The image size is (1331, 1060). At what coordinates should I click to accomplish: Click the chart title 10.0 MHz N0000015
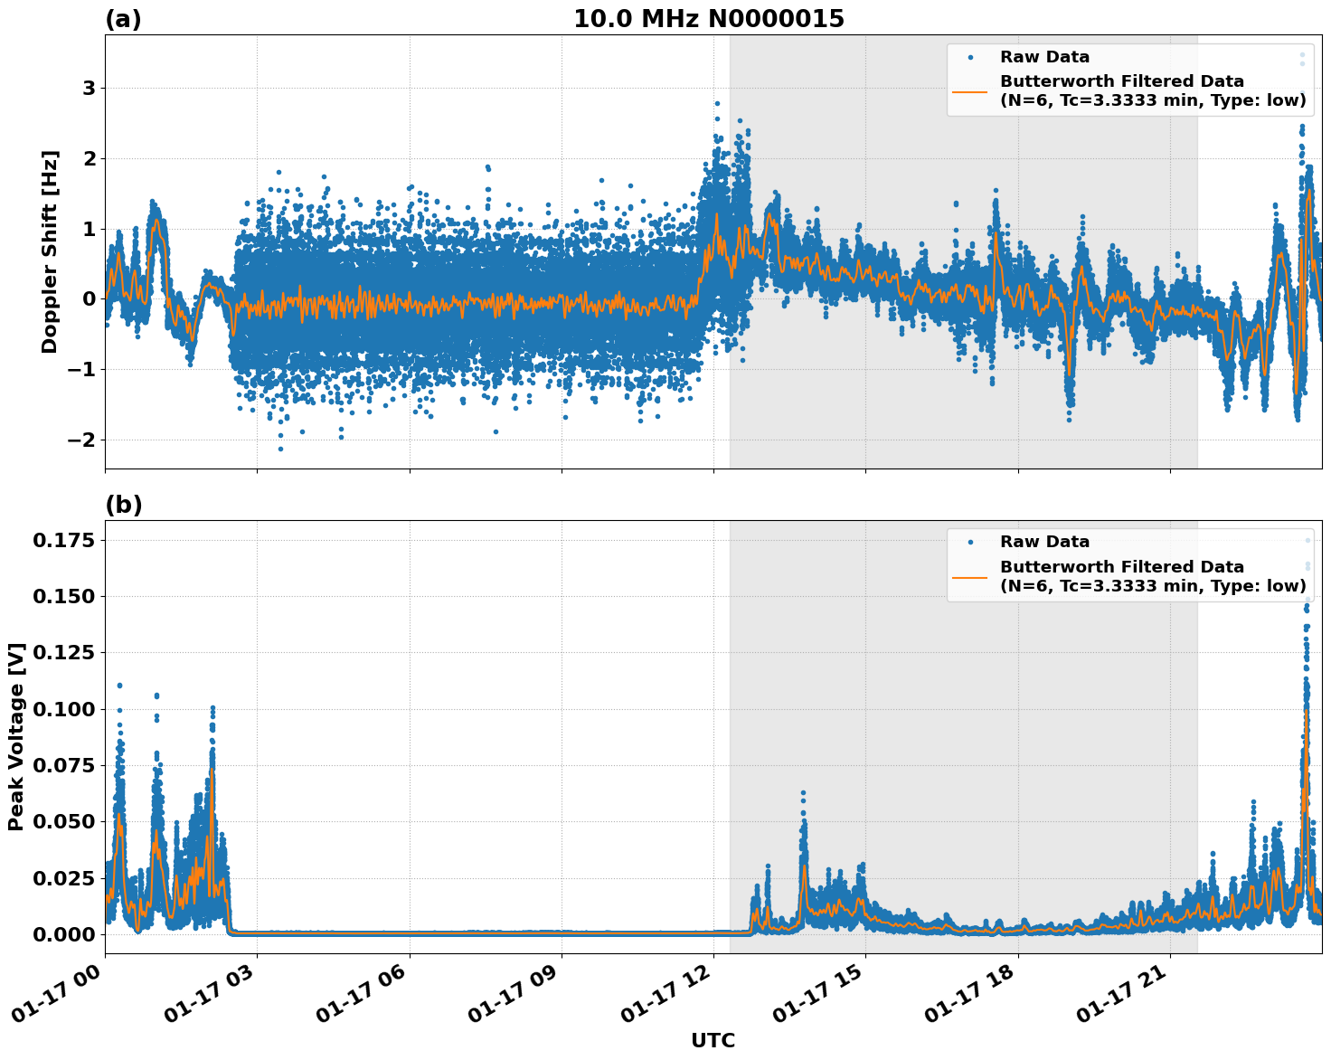click(x=708, y=19)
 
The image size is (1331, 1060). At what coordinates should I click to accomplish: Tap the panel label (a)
click(x=123, y=19)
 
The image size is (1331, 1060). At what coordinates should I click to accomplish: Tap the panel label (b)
click(x=123, y=505)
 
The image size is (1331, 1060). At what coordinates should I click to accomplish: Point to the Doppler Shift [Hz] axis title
click(x=50, y=251)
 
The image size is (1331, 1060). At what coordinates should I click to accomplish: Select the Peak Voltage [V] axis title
click(x=15, y=736)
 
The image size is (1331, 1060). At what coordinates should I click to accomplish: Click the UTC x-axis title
click(x=713, y=1041)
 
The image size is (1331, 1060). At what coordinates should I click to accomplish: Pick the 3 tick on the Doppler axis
click(x=89, y=89)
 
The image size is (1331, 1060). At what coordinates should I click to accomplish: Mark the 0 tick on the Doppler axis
click(x=89, y=299)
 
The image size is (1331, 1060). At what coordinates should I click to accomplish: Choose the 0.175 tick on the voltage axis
click(x=63, y=541)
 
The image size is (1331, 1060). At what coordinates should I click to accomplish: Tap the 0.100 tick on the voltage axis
click(x=63, y=710)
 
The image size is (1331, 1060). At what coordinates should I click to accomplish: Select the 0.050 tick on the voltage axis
click(x=63, y=822)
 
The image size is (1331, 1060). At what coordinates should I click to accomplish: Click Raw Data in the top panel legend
click(x=1044, y=57)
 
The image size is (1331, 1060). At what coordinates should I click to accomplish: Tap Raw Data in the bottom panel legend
click(x=1044, y=542)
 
